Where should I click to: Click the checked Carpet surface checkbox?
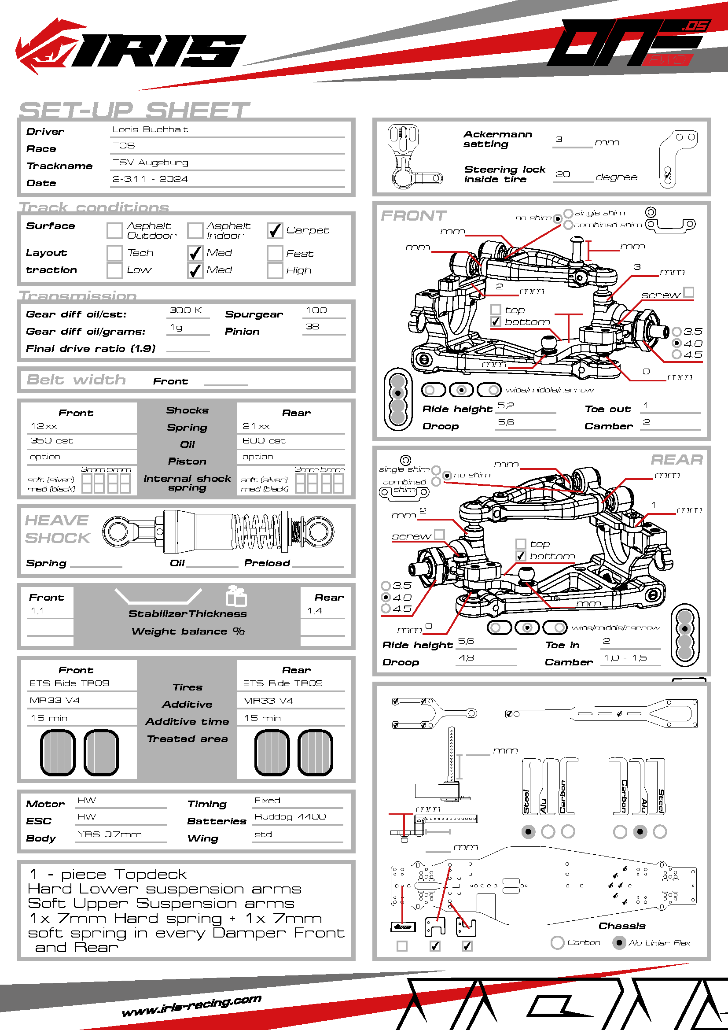275,231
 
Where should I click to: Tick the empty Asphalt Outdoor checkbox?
114,231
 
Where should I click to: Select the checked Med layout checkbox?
195,253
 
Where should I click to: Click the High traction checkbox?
275,270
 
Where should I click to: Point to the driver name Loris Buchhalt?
150,129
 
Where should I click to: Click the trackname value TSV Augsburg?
150,162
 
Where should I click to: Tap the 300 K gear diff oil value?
186,310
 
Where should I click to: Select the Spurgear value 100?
316,310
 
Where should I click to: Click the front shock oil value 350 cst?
51,441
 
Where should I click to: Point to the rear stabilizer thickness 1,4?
314,611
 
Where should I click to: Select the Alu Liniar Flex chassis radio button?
619,942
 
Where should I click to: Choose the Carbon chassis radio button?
557,942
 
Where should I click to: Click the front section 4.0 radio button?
677,343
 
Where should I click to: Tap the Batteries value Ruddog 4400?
290,817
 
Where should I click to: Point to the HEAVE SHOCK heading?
57,529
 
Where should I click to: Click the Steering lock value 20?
563,174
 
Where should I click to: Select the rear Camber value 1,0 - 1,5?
625,657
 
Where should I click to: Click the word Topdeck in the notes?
150,875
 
